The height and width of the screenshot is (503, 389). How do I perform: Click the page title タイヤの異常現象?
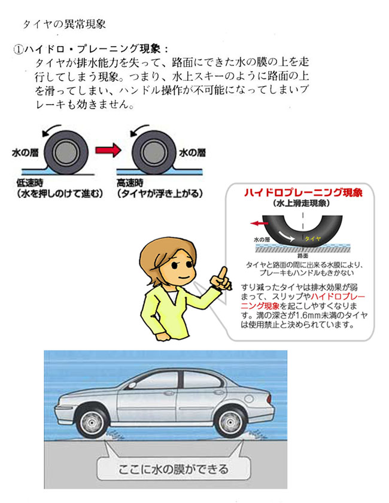pyautogui.click(x=64, y=25)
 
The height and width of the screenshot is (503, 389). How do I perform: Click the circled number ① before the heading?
pyautogui.click(x=19, y=48)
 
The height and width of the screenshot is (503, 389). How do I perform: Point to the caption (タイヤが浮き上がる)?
pyautogui.click(x=160, y=194)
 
